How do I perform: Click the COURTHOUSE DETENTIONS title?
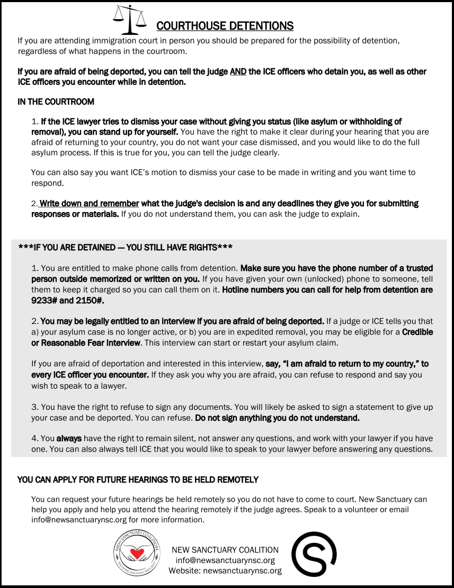[x=225, y=26]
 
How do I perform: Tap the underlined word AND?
[x=238, y=72]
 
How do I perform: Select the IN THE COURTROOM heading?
[x=56, y=101]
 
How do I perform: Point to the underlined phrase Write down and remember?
[x=89, y=204]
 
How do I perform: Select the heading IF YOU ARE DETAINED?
[x=125, y=248]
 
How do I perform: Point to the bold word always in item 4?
[x=67, y=438]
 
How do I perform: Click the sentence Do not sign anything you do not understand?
[x=277, y=418]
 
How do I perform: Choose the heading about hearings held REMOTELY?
[x=138, y=480]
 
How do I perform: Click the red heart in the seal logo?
[x=138, y=554]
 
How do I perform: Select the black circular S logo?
[x=314, y=554]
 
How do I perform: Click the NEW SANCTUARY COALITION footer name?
[x=225, y=550]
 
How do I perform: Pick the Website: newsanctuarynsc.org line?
[x=225, y=571]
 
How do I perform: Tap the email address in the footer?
[x=225, y=560]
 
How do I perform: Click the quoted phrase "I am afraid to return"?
[x=328, y=364]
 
